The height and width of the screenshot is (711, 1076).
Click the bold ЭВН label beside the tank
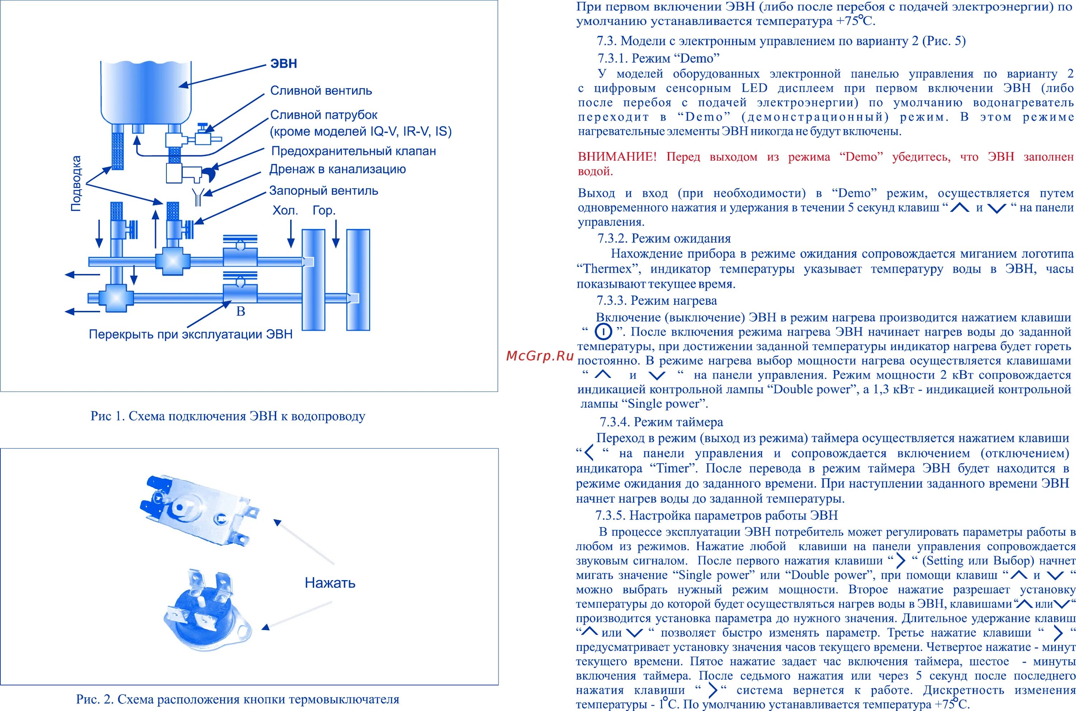[x=283, y=63]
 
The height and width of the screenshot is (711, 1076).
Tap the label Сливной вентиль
[x=321, y=91]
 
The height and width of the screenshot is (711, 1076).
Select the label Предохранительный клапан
[x=353, y=151]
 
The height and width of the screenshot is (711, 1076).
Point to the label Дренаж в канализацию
[x=338, y=170]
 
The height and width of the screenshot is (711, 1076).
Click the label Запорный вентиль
[x=324, y=191]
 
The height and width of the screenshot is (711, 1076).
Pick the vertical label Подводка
[x=76, y=183]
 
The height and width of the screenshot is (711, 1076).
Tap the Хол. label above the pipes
[x=285, y=211]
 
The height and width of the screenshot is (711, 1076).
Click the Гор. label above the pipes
[x=324, y=211]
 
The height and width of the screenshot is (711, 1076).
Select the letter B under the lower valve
[x=241, y=312]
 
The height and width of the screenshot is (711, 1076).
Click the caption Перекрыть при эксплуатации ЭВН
[x=190, y=335]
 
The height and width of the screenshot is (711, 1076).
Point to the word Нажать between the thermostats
[x=330, y=583]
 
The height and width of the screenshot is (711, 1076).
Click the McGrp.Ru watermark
[x=540, y=356]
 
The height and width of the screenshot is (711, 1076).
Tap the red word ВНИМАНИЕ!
[x=617, y=157]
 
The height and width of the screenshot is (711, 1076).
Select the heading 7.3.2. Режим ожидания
[x=664, y=238]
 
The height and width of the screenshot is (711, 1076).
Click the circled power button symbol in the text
[x=603, y=332]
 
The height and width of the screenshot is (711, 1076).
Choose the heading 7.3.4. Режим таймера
[x=661, y=422]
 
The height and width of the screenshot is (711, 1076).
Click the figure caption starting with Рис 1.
[x=228, y=416]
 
